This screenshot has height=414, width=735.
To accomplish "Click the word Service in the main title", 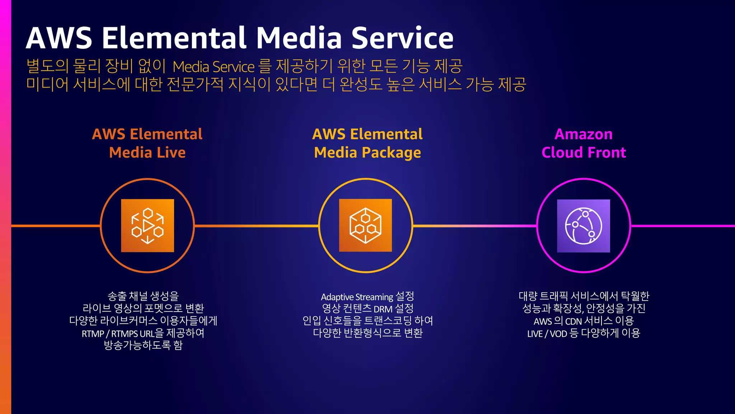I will pyautogui.click(x=402, y=38).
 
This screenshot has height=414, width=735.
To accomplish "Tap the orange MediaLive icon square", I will pyautogui.click(x=148, y=226).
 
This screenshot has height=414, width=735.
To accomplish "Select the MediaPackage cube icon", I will pyautogui.click(x=365, y=226).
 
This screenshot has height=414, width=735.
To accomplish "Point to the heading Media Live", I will pyautogui.click(x=147, y=153).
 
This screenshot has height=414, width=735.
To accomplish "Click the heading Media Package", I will pyautogui.click(x=367, y=153).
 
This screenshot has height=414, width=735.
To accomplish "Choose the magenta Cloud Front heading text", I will pyautogui.click(x=584, y=153).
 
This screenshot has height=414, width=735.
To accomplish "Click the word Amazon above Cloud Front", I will pyautogui.click(x=584, y=134).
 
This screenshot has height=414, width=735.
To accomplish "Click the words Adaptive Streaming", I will pyautogui.click(x=357, y=297).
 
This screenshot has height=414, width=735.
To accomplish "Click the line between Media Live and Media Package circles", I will pyautogui.click(x=257, y=226).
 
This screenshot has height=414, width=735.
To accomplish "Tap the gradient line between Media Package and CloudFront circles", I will pyautogui.click(x=474, y=226).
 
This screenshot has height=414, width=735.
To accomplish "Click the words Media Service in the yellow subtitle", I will pyautogui.click(x=214, y=67).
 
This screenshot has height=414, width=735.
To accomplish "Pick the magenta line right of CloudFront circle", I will pyautogui.click(x=682, y=226).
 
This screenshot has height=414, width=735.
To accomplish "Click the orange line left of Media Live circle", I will pyautogui.click(x=56, y=226).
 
